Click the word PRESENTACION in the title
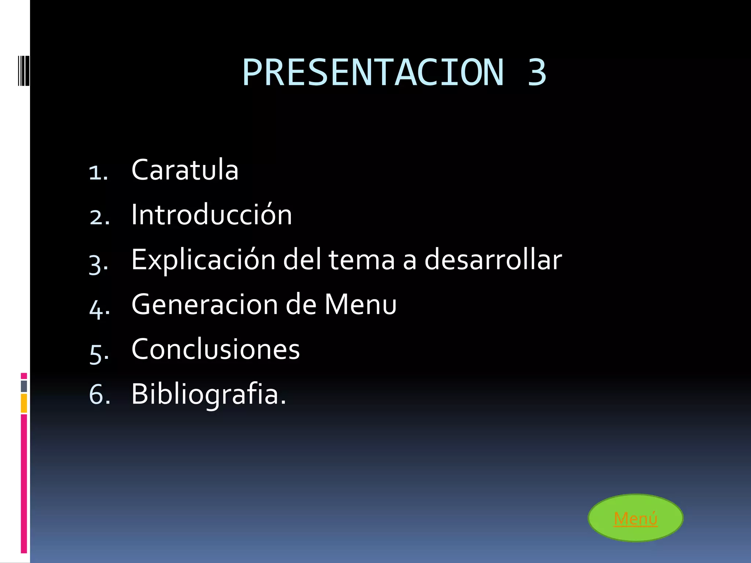point(373,73)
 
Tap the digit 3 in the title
point(537,73)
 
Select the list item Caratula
point(185,170)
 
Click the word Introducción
point(212,215)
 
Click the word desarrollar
point(493,260)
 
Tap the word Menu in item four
point(360,304)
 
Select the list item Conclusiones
point(216,349)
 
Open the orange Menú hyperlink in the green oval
point(635,518)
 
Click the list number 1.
point(98,172)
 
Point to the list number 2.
point(99,217)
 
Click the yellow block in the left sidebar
point(24,403)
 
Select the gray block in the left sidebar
point(24,386)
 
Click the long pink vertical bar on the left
point(24,484)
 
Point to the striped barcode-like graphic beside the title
point(23,70)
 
